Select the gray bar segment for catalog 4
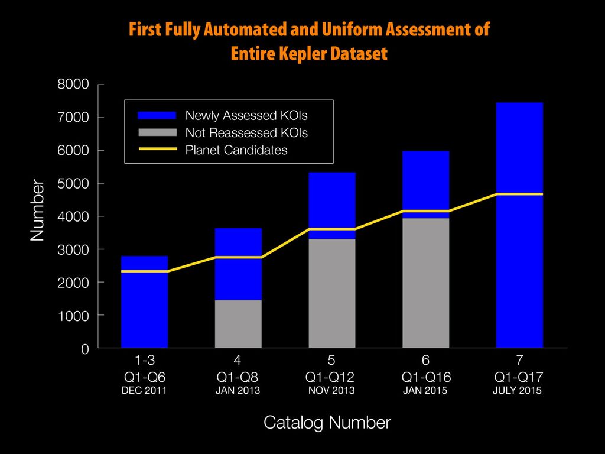(x=238, y=323)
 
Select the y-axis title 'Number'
(x=37, y=210)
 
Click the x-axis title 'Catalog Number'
(x=327, y=423)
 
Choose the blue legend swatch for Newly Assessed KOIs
(x=157, y=115)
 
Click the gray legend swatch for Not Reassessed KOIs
(x=157, y=132)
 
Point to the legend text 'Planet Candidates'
(x=236, y=150)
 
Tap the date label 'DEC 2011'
(x=145, y=391)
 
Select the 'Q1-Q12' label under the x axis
(x=331, y=377)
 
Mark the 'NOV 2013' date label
(x=331, y=391)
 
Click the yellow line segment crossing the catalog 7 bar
(x=519, y=194)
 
